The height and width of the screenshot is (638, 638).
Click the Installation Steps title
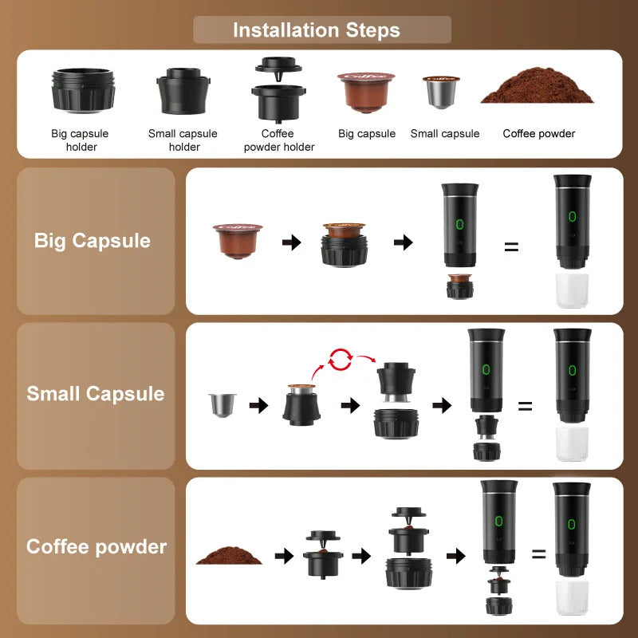[x=317, y=30]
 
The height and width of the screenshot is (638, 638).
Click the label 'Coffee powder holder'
[x=278, y=140]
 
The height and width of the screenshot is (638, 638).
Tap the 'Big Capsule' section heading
[x=93, y=241]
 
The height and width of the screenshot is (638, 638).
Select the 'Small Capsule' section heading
[x=96, y=394]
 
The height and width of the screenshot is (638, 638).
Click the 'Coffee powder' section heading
[x=96, y=547]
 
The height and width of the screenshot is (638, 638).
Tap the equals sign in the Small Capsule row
[x=525, y=405]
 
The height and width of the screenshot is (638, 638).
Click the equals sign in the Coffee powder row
[x=539, y=553]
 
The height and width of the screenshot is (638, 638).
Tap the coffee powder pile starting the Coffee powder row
[x=229, y=555]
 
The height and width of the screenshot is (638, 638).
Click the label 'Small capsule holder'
[x=183, y=140]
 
